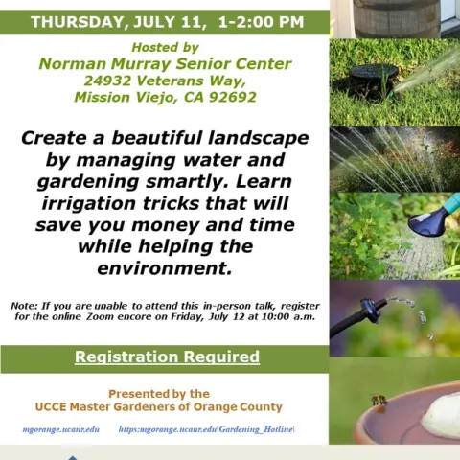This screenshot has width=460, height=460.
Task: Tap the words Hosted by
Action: [165, 47]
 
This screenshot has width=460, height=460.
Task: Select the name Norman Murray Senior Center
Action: [165, 64]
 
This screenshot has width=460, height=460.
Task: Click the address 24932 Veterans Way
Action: [165, 80]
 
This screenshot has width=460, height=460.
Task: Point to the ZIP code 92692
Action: [232, 97]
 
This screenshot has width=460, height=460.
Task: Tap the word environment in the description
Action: [165, 269]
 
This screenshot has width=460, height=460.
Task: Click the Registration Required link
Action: [167, 357]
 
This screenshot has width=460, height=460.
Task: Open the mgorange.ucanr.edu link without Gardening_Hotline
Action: [61, 429]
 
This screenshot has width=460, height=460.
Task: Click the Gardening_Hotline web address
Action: [206, 429]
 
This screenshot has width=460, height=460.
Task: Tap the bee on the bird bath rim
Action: [379, 401]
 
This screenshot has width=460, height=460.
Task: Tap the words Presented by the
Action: [159, 393]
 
